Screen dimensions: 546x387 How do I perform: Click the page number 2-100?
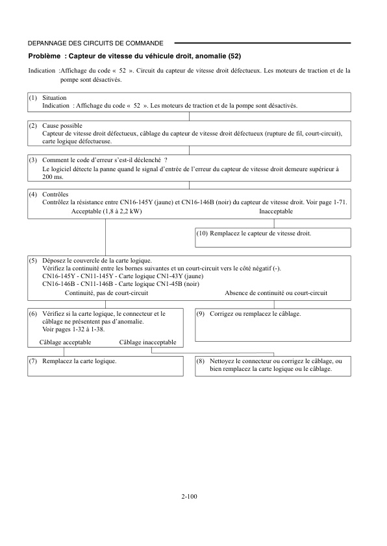[190, 497]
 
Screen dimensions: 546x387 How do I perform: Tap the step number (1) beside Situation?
[33, 97]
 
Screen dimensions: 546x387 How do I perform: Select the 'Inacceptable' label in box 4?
[276, 211]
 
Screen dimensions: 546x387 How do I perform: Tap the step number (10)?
[203, 233]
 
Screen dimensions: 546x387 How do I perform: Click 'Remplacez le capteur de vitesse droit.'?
[261, 233]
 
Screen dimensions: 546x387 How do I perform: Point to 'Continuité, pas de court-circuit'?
[107, 293]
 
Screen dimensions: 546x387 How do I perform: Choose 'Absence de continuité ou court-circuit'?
[276, 293]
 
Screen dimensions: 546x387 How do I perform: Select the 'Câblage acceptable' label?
[66, 342]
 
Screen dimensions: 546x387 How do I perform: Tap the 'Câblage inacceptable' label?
[147, 342]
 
